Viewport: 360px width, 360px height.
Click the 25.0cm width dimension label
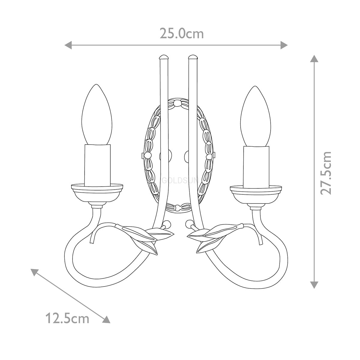(x=181, y=34)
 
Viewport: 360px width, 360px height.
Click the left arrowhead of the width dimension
(x=68, y=45)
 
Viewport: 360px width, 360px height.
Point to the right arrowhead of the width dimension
(x=284, y=45)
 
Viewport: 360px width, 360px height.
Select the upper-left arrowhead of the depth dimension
(x=34, y=272)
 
